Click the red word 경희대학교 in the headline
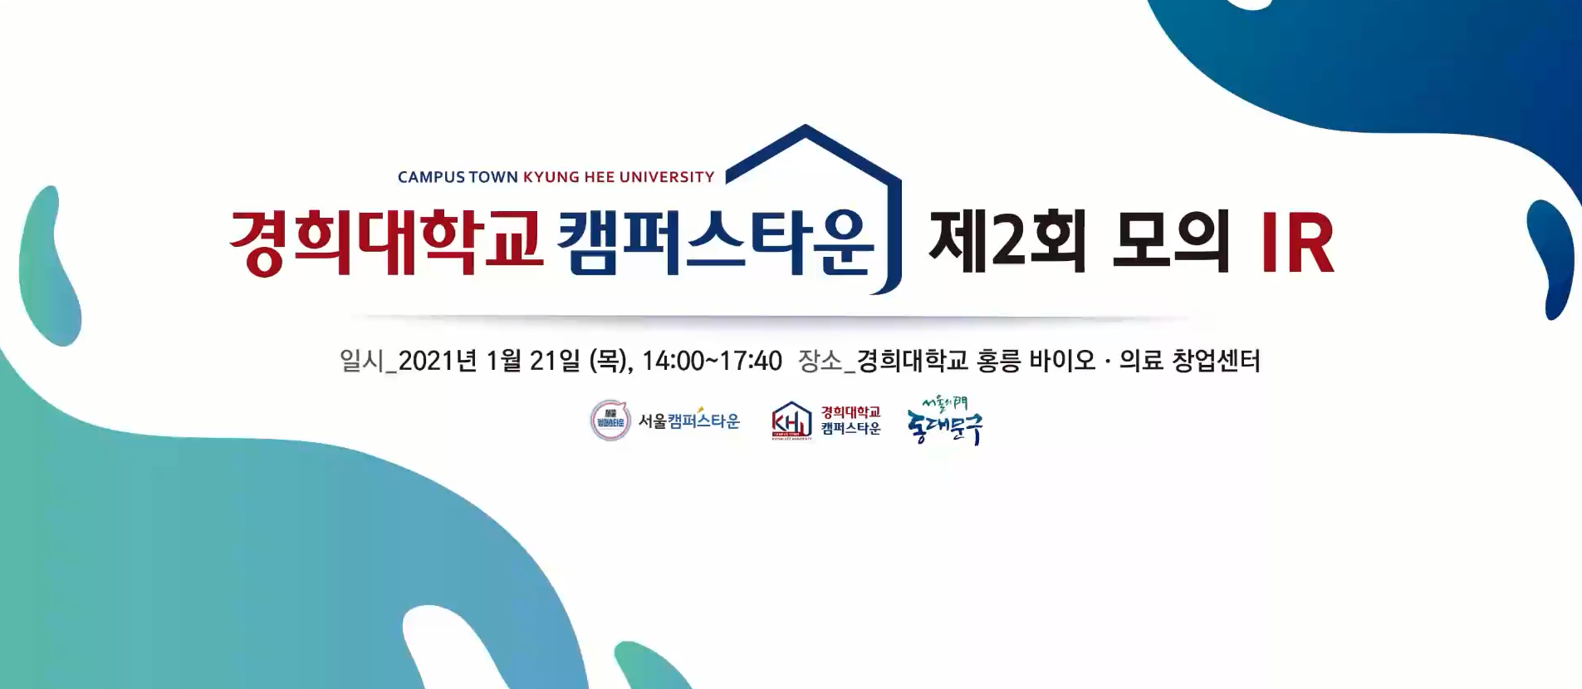click(385, 242)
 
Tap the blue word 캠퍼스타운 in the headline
click(716, 242)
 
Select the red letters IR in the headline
click(1296, 243)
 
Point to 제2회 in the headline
click(1007, 242)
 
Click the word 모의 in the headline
click(1170, 242)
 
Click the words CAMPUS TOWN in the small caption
click(458, 177)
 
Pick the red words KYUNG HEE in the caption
click(569, 177)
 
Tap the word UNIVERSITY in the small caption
click(667, 177)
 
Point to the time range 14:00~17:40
click(712, 361)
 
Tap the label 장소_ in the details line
click(826, 361)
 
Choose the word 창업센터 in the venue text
click(1216, 361)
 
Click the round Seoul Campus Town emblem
click(610, 421)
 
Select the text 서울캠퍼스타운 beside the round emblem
click(688, 421)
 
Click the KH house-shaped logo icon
click(791, 420)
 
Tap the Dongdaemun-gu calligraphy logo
click(945, 421)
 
